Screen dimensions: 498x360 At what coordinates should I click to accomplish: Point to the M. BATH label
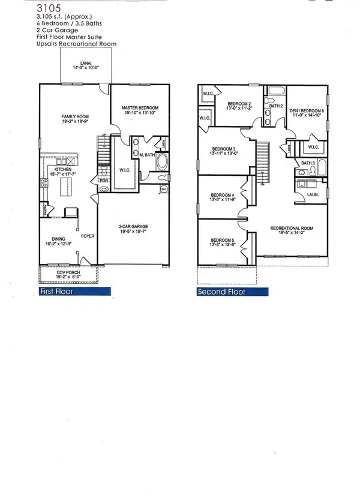click(148, 156)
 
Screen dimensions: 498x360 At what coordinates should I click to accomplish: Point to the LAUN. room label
click(311, 195)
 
